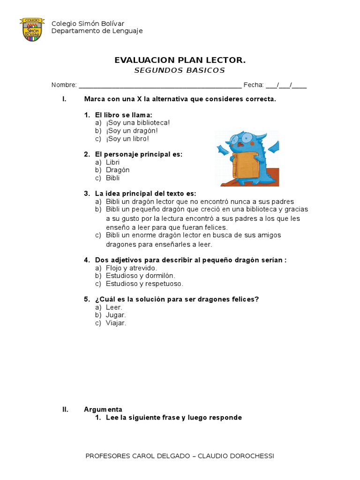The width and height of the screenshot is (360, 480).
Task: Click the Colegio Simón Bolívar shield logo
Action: tap(32, 29)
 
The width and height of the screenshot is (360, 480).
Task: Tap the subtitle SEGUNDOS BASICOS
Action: tap(180, 70)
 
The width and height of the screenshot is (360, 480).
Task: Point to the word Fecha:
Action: tap(254, 85)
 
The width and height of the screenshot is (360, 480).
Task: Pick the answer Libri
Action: tap(112, 162)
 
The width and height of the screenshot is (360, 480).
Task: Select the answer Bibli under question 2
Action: tap(112, 178)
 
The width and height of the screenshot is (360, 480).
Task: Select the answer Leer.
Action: tap(114, 307)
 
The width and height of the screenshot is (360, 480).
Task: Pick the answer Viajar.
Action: tap(116, 323)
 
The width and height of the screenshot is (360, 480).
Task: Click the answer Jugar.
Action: tap(116, 315)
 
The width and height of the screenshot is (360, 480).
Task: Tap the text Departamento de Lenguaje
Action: tap(97, 31)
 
